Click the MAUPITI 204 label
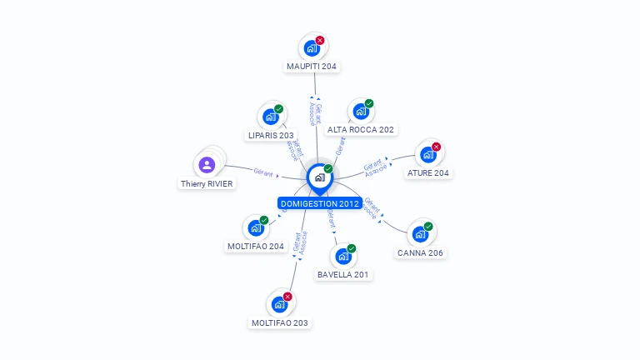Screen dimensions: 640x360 tap(312, 66)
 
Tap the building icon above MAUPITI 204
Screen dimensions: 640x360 tap(312, 48)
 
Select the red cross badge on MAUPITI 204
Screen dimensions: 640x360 tap(320, 40)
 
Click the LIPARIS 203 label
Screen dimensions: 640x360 tap(271, 135)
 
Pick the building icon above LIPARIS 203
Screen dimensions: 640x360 tap(270, 117)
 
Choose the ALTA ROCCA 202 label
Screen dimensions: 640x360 tap(361, 130)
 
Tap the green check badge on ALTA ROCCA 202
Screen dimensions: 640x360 tap(369, 103)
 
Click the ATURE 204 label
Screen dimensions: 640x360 tap(428, 173)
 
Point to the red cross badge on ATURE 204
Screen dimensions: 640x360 tap(436, 147)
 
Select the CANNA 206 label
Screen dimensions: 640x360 tap(420, 252)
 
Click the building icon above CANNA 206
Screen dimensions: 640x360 tap(420, 234)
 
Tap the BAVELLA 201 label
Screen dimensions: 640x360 tap(343, 274)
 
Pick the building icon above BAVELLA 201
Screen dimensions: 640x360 tap(342, 256)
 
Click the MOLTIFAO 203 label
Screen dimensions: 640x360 tap(280, 322)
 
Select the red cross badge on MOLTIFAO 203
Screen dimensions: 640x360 tap(287, 297)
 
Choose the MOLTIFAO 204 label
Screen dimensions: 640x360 tap(256, 247)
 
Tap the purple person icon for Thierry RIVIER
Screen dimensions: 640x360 tap(207, 164)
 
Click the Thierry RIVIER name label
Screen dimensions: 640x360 tap(207, 183)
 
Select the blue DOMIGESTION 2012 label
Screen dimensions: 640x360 tap(320, 203)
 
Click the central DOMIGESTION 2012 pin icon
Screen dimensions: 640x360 tap(319, 177)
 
